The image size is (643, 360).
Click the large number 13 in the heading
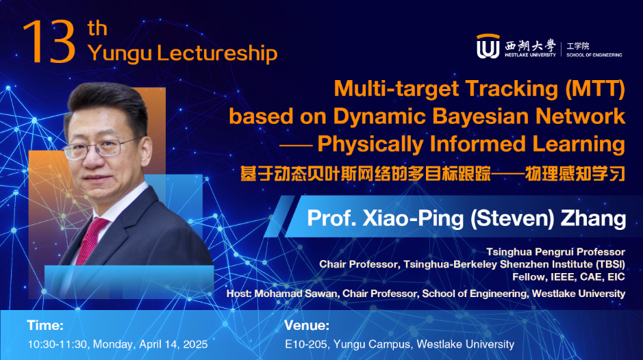(48, 42)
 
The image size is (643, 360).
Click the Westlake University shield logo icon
(487, 47)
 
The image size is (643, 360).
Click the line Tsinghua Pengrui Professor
(555, 251)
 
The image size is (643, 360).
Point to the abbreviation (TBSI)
(607, 264)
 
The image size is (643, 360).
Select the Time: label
(45, 325)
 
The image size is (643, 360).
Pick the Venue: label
(306, 325)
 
